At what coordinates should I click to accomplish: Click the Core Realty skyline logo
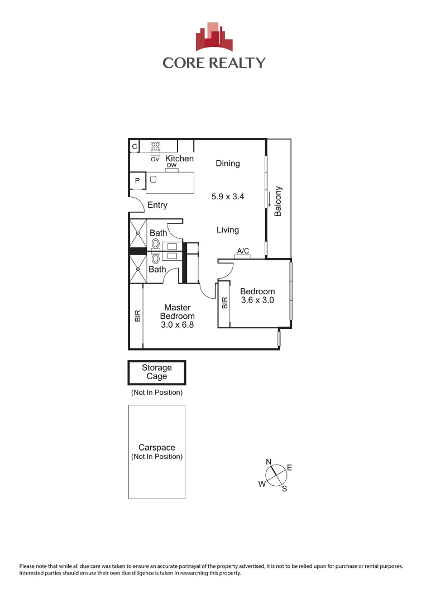point(213,37)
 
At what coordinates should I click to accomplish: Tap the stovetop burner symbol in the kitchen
point(155,146)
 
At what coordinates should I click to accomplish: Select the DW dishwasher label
point(171,166)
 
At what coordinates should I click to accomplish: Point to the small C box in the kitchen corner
point(134,147)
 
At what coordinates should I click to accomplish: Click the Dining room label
point(228,164)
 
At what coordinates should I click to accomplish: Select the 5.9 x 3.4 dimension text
point(228,197)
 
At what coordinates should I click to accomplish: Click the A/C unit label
point(243,251)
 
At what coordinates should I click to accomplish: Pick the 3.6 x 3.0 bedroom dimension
point(257,300)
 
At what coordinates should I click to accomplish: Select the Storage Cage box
point(157,372)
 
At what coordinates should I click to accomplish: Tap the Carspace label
point(157,448)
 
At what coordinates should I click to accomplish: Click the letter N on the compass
point(269,462)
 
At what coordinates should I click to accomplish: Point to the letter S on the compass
point(284,489)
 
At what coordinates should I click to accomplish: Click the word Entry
point(157,205)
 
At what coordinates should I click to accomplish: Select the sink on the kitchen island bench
point(154,180)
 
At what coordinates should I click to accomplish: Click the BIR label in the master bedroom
point(137,316)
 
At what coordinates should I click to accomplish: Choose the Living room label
point(228,230)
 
